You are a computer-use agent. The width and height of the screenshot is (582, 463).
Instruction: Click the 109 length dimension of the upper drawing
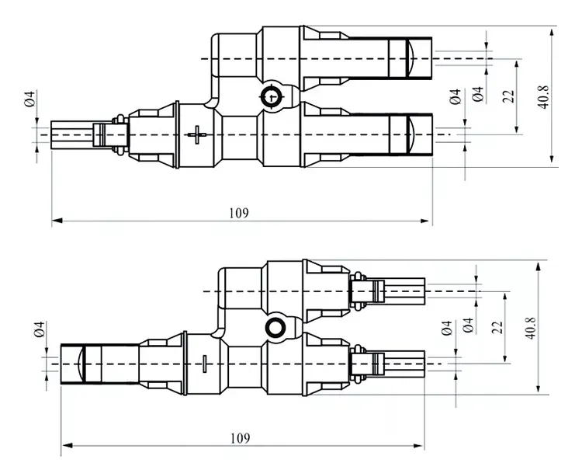click(239, 213)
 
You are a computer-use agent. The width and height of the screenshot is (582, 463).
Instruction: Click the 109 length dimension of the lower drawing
click(240, 438)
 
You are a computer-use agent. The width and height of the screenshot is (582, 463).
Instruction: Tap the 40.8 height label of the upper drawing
click(543, 96)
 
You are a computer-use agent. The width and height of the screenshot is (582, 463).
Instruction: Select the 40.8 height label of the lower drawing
click(531, 328)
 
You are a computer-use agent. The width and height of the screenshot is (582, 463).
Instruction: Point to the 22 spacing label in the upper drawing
click(508, 96)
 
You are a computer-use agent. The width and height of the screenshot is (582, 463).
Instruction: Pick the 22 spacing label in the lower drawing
click(497, 327)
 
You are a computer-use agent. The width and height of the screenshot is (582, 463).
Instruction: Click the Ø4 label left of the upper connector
click(29, 99)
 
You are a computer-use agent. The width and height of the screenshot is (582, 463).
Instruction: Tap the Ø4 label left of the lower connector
click(40, 329)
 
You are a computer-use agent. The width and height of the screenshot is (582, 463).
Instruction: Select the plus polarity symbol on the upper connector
click(197, 134)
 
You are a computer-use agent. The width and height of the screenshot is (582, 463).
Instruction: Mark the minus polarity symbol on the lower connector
click(205, 364)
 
